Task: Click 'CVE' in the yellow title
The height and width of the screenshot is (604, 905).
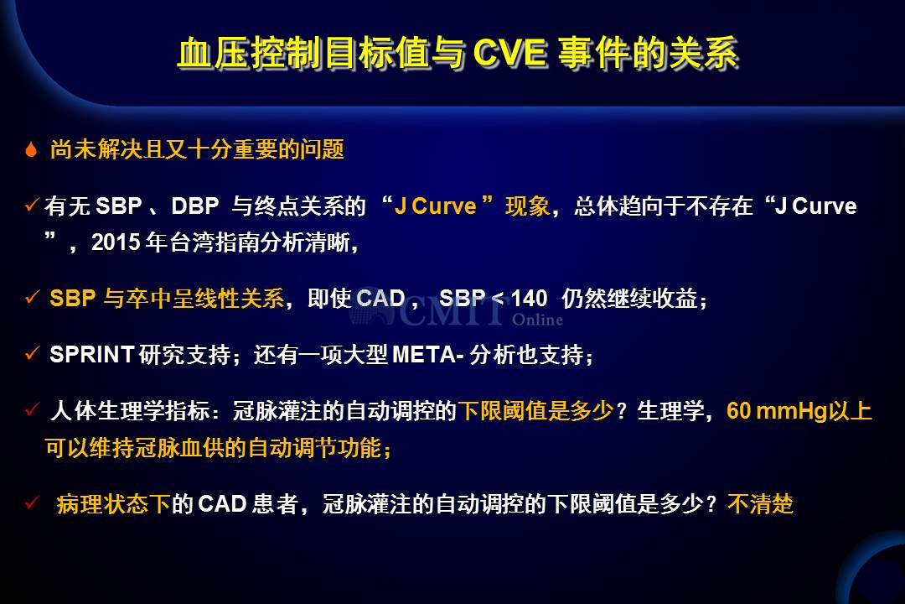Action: pyautogui.click(x=509, y=54)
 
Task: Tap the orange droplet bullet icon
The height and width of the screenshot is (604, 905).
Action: pyautogui.click(x=31, y=149)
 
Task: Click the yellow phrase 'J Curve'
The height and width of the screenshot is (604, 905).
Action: pyautogui.click(x=435, y=206)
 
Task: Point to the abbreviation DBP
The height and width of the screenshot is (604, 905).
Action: pyautogui.click(x=195, y=206)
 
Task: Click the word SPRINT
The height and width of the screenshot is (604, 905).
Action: pyautogui.click(x=92, y=354)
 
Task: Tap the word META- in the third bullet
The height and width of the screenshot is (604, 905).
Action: pyautogui.click(x=427, y=354)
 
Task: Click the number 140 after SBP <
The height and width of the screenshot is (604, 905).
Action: pyautogui.click(x=529, y=299)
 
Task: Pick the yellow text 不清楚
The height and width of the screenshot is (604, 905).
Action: pyautogui.click(x=760, y=504)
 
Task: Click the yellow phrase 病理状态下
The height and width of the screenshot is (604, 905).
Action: pyautogui.click(x=113, y=504)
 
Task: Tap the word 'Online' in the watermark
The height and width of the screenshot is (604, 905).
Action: pyautogui.click(x=537, y=320)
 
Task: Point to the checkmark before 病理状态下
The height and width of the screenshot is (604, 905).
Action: pyautogui.click(x=33, y=502)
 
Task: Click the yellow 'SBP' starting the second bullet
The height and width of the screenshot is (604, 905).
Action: pyautogui.click(x=73, y=299)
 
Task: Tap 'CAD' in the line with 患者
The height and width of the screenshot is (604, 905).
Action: pyautogui.click(x=222, y=504)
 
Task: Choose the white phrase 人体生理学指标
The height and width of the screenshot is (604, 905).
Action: pyautogui.click(x=130, y=411)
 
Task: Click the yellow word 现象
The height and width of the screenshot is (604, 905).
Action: pyautogui.click(x=528, y=206)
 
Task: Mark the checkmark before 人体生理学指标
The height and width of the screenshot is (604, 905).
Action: pyautogui.click(x=33, y=409)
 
